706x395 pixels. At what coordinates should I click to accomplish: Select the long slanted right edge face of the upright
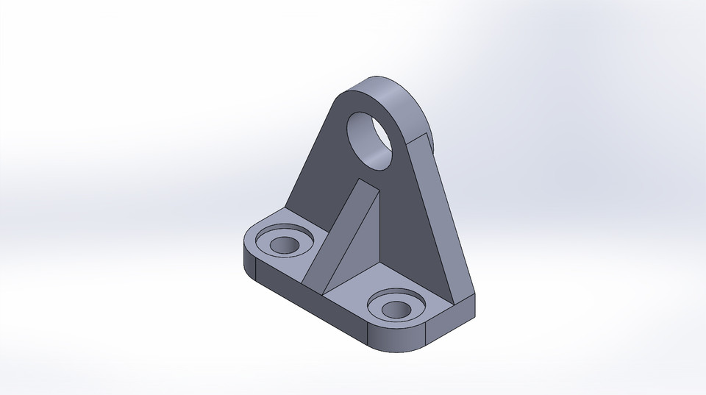click(441, 221)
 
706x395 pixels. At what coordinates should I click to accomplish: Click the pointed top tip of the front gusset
click(360, 179)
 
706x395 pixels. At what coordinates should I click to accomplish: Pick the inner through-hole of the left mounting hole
click(282, 245)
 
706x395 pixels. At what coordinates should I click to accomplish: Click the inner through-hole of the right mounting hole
click(396, 308)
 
